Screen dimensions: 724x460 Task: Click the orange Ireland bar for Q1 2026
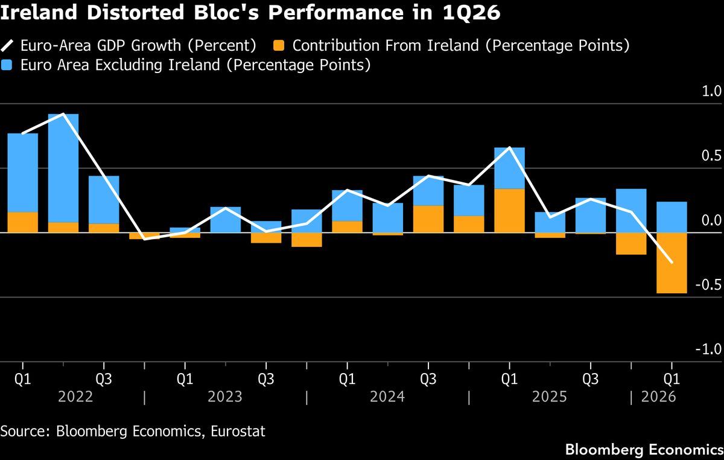[x=672, y=263]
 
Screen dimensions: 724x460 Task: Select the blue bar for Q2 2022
[x=63, y=168]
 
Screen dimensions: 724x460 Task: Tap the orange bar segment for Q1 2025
[x=509, y=211]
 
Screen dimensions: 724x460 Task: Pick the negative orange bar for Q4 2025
[x=631, y=244]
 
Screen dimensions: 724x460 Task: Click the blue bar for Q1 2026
[x=672, y=217]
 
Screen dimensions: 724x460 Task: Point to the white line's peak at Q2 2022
[x=63, y=114]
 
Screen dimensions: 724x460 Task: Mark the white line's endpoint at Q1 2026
[x=672, y=263]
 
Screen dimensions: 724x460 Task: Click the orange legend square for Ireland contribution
[x=279, y=46]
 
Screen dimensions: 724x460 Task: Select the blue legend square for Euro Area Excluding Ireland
[x=6, y=65]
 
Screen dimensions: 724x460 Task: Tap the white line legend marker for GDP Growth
[x=7, y=46]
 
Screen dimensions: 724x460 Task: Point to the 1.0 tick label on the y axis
[x=711, y=92]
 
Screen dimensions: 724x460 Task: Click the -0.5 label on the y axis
[x=708, y=285]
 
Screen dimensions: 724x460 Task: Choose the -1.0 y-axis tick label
[x=708, y=350]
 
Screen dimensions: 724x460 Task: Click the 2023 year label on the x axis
[x=225, y=397]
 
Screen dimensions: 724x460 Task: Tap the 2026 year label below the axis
[x=658, y=397]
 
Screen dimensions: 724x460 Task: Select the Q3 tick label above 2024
[x=428, y=379]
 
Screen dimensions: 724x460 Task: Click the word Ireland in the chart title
[x=39, y=12]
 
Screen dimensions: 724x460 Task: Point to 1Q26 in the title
[x=471, y=13]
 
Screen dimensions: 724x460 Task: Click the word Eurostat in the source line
[x=238, y=431]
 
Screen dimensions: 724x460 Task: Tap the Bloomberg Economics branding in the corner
[x=644, y=450]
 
